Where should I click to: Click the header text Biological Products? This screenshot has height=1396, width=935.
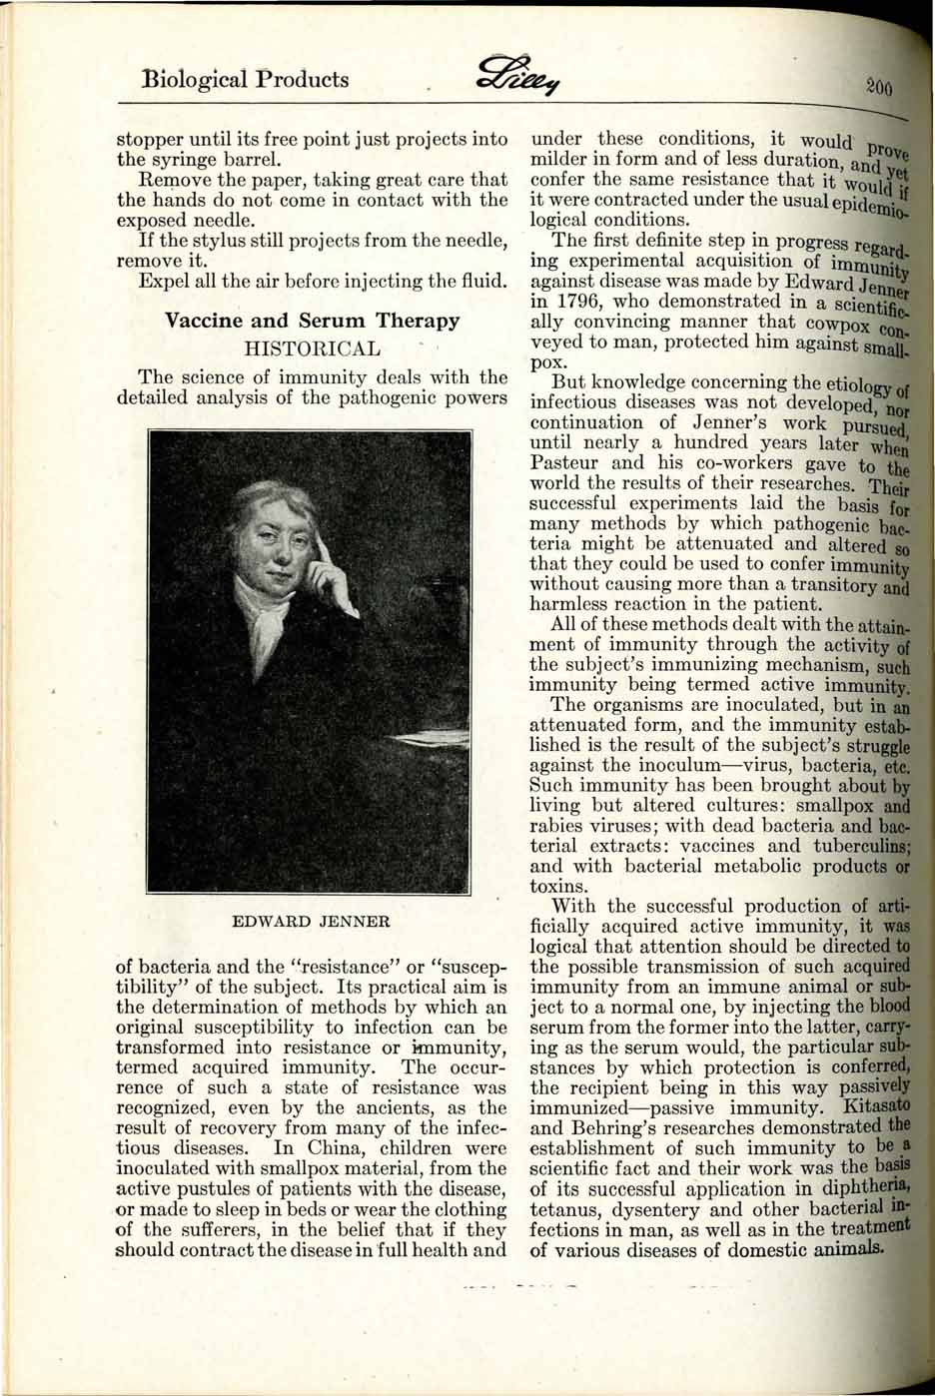pos(246,79)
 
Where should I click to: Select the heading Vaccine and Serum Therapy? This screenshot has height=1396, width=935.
pos(312,321)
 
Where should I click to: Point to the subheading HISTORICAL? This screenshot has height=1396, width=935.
pos(312,349)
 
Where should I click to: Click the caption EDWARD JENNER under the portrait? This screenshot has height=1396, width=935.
pos(311,920)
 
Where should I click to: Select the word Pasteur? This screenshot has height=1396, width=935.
pos(565,463)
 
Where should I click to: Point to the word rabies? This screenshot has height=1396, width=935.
pos(554,825)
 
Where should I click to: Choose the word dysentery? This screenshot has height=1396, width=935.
pos(660,1208)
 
